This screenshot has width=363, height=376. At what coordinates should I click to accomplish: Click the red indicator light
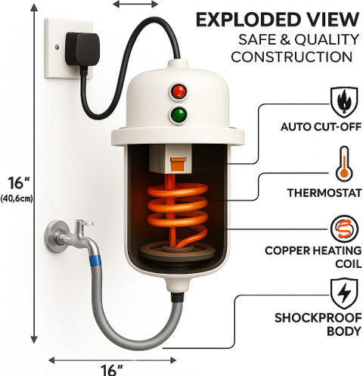click(x=179, y=91)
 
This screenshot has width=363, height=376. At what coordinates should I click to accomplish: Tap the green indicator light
click(x=179, y=115)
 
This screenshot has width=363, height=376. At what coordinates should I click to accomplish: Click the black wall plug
click(x=82, y=51)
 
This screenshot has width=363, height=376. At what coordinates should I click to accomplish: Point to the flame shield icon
click(x=344, y=102)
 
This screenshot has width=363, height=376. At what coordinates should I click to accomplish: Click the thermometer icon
click(x=344, y=164)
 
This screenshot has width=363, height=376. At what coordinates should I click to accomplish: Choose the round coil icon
click(x=344, y=229)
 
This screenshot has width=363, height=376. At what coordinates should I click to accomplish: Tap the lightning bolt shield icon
click(x=344, y=294)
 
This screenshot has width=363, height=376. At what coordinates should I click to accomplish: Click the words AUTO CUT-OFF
click(x=321, y=127)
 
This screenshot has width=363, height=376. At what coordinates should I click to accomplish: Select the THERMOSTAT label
click(x=324, y=193)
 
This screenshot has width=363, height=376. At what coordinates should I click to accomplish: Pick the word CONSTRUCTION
click(x=292, y=57)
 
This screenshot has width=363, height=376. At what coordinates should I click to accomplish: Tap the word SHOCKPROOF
click(x=318, y=318)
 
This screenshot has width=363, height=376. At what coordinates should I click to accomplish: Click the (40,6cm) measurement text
click(x=17, y=199)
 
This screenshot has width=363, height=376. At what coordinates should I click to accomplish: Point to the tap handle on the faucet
click(x=84, y=223)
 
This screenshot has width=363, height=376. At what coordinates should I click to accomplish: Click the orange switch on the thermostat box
click(x=178, y=164)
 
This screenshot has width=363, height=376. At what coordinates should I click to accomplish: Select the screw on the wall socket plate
click(x=57, y=47)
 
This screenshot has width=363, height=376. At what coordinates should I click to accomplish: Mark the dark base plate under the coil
click(x=178, y=252)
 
